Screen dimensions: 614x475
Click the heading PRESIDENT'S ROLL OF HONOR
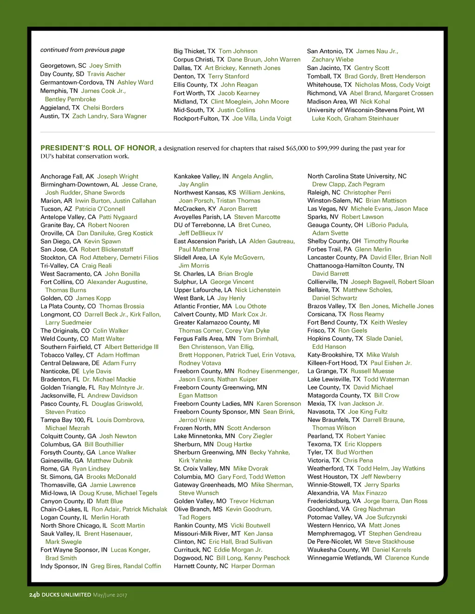coord(98,148)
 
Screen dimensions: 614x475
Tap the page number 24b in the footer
coord(34,595)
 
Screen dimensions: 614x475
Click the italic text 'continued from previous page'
coord(83,50)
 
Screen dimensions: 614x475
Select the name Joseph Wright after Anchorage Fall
coord(118,176)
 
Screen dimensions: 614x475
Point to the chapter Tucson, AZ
coord(56,209)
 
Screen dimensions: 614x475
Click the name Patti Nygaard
coord(118,217)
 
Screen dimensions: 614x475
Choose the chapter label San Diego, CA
coord(60,241)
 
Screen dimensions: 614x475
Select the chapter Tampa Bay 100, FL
coord(67,420)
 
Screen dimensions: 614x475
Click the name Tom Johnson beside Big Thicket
coord(238,51)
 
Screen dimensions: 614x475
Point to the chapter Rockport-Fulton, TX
coord(201,118)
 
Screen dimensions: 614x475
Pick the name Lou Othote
coord(250,306)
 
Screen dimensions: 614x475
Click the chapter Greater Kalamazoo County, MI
coord(217,323)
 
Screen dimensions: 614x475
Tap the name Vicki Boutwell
coord(250,525)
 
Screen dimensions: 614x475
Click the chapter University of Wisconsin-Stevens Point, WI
coord(366,110)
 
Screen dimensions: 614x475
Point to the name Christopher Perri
coord(367,193)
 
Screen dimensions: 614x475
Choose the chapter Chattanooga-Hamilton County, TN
coord(355,265)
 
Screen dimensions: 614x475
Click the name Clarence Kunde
coord(407,558)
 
